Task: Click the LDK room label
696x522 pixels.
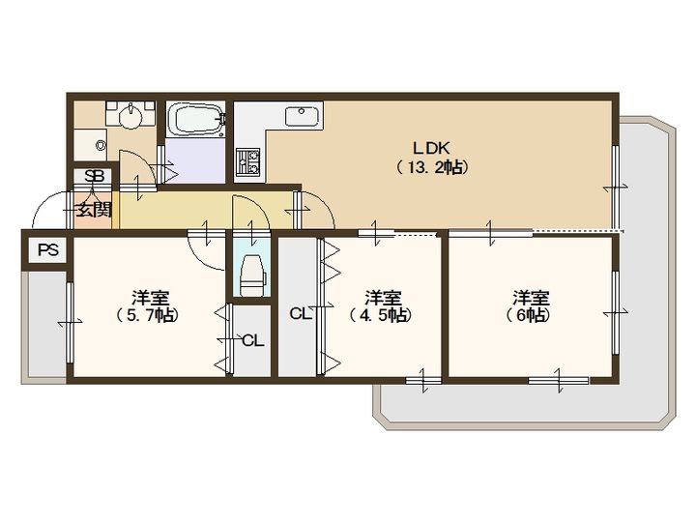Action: click(x=431, y=147)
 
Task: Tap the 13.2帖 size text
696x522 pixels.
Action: click(x=431, y=167)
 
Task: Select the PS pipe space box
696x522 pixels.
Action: click(x=48, y=250)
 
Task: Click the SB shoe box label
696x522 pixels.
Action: click(x=95, y=176)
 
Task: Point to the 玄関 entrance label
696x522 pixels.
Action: click(x=93, y=209)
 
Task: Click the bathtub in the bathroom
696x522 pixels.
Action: click(x=195, y=119)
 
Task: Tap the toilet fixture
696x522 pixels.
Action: click(x=252, y=275)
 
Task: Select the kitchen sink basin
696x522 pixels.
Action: click(x=302, y=117)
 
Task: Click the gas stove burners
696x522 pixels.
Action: click(x=247, y=162)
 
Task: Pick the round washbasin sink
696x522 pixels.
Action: click(x=130, y=117)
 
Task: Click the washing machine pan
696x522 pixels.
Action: click(x=91, y=145)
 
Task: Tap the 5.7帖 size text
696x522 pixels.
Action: click(x=148, y=315)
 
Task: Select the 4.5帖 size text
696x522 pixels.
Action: click(x=380, y=315)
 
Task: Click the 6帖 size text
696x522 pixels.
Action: click(x=528, y=315)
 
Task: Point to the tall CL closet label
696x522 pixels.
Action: click(x=300, y=314)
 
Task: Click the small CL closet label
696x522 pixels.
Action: click(x=253, y=341)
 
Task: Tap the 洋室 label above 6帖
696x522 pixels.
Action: click(x=531, y=298)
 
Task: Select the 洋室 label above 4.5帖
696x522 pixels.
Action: click(x=383, y=298)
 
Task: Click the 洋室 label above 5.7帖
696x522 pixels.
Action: click(x=150, y=298)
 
